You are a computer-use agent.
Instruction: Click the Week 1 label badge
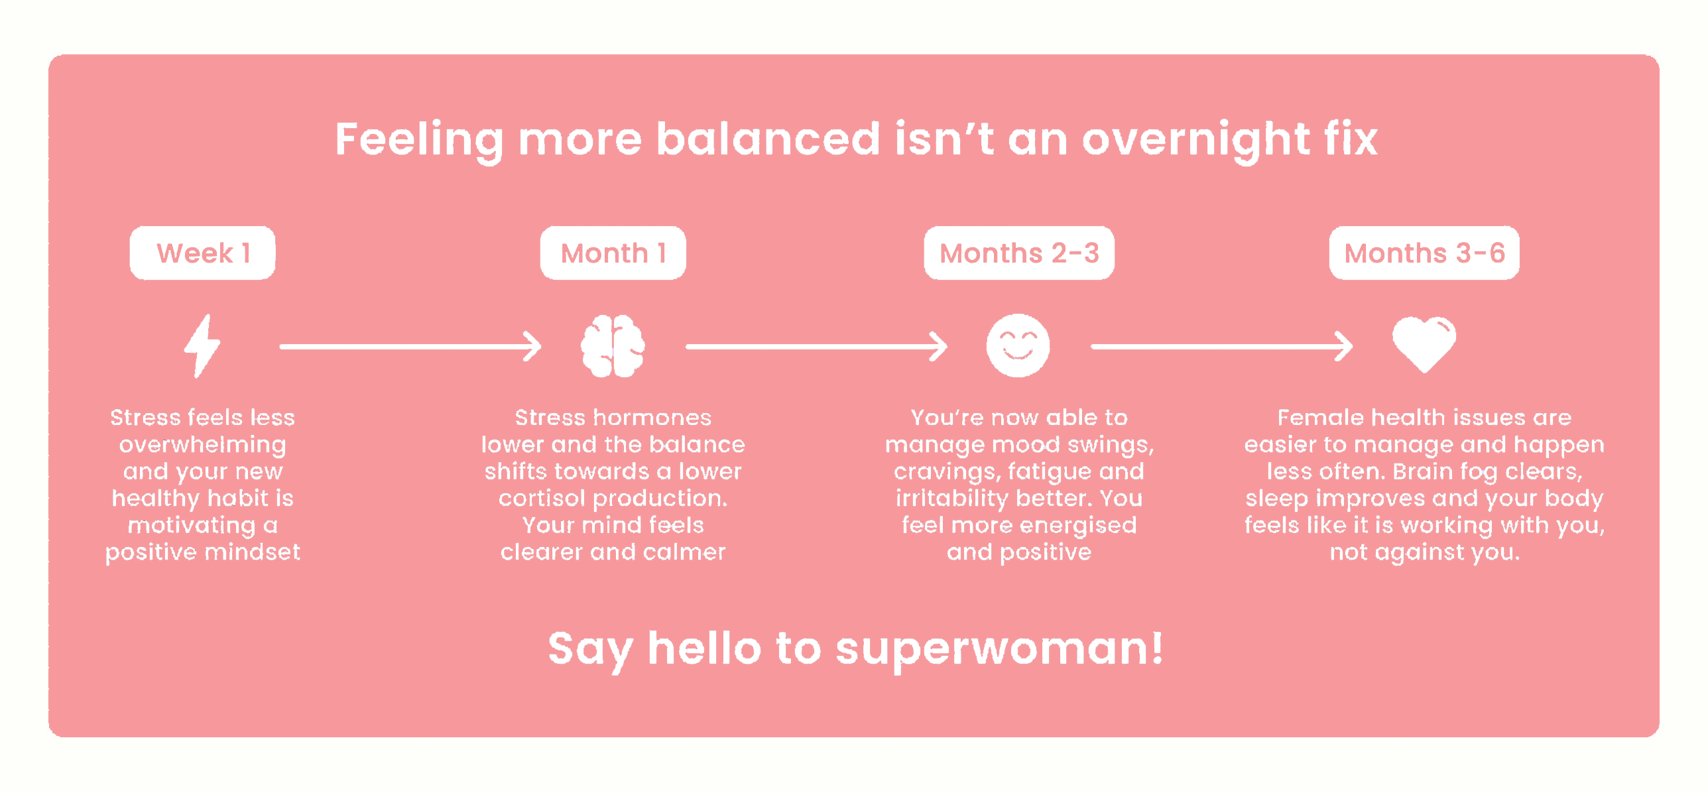202,253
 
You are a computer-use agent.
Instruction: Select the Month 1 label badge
613,253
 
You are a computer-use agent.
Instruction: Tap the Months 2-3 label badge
1019,253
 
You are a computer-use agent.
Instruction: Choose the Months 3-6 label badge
1424,253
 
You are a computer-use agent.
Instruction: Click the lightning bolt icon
202,346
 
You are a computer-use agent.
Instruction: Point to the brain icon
613,346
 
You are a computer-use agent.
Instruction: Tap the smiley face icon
1018,345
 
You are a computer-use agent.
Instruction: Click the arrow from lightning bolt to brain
410,346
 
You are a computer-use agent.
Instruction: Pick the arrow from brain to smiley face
816,346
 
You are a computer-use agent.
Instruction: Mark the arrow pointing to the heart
1222,346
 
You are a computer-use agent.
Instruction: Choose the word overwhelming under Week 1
202,445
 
